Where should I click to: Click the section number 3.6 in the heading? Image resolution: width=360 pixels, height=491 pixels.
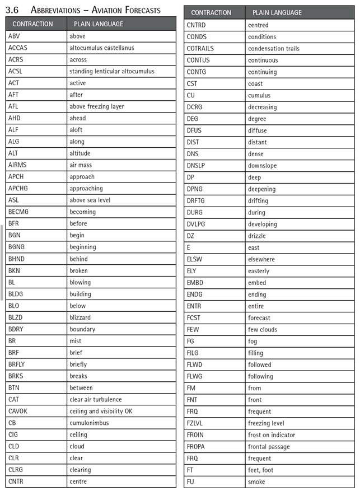pos(13,10)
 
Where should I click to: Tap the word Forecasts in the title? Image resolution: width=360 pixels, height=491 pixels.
pos(139,10)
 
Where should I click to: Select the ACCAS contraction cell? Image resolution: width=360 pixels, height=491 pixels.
pos(18,48)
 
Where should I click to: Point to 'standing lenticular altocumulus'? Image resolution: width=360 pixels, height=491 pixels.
pos(112,71)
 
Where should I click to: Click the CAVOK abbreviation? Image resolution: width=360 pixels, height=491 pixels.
pos(19,411)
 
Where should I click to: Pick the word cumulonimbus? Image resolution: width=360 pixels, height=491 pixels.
pos(89,423)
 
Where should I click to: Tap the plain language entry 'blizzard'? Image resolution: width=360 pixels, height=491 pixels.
pos(80,317)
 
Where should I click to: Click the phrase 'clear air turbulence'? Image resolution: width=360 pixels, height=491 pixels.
pos(96,399)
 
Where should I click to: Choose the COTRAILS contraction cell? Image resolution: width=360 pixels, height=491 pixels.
pos(200,48)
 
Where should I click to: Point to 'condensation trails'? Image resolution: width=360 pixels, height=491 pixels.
pos(274,48)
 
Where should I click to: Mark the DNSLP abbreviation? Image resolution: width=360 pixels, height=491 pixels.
pos(198,166)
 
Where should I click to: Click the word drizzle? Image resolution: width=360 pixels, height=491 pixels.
pos(257,236)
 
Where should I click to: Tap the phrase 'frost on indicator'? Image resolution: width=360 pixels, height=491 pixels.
pos(272,434)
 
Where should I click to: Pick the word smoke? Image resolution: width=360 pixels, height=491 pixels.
pos(256,481)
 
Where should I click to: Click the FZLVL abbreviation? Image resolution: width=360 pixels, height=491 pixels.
pos(196,423)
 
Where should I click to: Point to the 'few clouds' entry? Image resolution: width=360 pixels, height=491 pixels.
pos(263,329)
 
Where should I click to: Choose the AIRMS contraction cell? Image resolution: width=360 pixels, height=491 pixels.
pos(18,165)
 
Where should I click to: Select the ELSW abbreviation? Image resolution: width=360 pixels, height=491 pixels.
pos(195,259)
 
